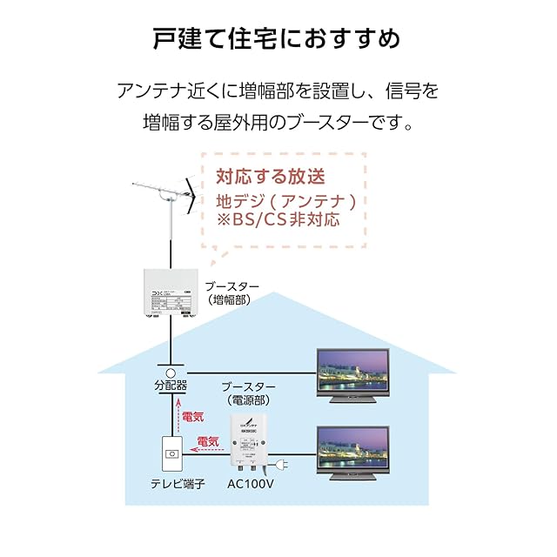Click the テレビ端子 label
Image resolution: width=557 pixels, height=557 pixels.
pyautogui.click(x=176, y=484)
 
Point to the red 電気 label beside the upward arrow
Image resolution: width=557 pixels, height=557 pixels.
pyautogui.click(x=193, y=419)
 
